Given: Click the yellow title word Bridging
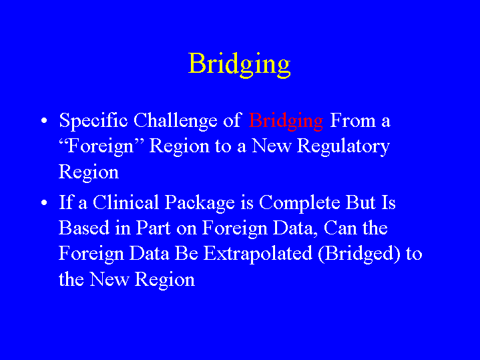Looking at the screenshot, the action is pos(240,65).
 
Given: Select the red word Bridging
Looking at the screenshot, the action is pos(286,122).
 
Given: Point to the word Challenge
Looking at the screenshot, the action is pos(176,121).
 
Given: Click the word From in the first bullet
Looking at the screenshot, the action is pos(352,120).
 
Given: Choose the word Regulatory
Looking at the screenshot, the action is pos(343,146).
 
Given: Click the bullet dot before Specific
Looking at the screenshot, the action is pos(44,120).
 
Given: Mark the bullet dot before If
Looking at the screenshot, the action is pos(44,202).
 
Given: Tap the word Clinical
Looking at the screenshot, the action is pos(126,202).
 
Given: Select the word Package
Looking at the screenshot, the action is pos(200,204).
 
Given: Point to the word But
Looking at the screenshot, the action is pos(361,202).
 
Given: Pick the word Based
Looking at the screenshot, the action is pos(84,228).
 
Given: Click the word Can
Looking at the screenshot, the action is pos(340,228).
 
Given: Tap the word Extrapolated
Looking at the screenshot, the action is pos(258,254).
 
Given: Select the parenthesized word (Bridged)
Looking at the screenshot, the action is pos(359,254).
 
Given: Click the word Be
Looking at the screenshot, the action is pos(186,253).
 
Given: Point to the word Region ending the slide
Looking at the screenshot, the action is pos(165,281).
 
